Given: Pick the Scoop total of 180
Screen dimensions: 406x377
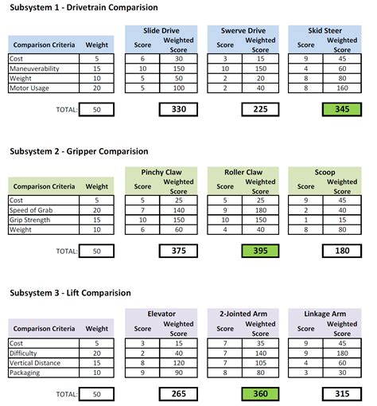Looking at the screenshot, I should pyautogui.click(x=342, y=251).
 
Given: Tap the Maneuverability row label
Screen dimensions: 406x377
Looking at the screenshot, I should pyautogui.click(x=37, y=69).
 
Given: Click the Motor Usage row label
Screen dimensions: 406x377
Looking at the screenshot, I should pyautogui.click(x=29, y=89).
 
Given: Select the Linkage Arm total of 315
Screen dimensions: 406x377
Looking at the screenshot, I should pyautogui.click(x=342, y=393).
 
